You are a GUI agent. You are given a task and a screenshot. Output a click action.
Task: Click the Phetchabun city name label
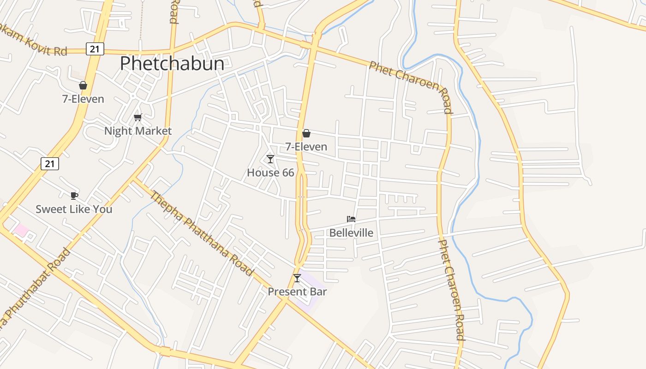tap(172, 64)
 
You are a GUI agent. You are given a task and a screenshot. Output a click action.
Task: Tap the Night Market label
tap(138, 131)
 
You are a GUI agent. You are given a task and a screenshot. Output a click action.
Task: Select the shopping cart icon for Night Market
tap(138, 117)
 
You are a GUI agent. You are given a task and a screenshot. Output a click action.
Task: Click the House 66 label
tap(270, 173)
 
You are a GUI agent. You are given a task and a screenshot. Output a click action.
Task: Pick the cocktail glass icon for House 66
tap(270, 159)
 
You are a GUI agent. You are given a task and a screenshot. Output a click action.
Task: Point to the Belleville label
tap(351, 233)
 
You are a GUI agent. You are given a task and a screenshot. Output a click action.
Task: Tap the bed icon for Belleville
tap(351, 219)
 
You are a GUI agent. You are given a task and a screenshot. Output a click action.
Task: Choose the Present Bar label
tap(297, 292)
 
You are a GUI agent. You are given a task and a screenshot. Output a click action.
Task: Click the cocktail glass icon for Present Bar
tap(297, 278)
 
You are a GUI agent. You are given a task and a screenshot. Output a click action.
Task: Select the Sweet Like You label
tap(74, 209)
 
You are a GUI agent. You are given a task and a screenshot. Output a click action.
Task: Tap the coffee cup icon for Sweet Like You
tap(74, 196)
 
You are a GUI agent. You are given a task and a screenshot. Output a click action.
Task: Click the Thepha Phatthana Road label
tap(202, 233)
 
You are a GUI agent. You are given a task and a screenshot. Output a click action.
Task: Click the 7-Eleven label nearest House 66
tap(306, 147)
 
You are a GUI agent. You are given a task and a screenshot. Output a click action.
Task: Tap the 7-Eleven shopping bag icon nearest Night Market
tap(83, 85)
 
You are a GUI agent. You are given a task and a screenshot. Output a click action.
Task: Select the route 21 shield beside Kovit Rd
tap(95, 48)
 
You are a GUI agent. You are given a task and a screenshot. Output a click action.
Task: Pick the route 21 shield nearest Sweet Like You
tap(50, 163)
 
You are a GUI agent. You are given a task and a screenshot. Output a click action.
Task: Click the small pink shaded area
tap(21, 230)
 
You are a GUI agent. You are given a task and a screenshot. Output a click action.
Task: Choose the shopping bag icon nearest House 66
tap(306, 133)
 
